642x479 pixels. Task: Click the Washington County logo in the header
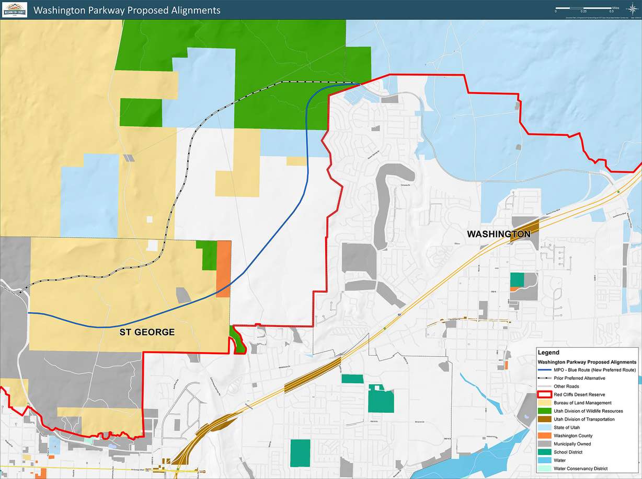[14, 9]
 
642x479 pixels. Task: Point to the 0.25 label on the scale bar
[583, 11]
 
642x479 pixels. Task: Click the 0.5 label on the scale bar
[612, 11]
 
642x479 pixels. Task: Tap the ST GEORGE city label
[144, 332]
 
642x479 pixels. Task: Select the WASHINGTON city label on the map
[498, 234]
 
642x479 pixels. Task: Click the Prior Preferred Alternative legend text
[579, 378]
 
